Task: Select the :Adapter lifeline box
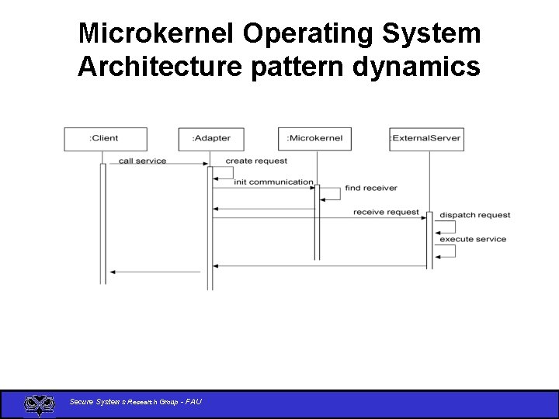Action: (x=210, y=139)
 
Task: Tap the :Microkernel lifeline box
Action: (x=314, y=139)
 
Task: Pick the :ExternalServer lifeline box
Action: (x=426, y=139)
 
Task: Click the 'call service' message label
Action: (x=142, y=161)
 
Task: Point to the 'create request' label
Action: (x=256, y=161)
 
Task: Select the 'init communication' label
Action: (x=273, y=182)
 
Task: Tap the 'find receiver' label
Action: (x=370, y=188)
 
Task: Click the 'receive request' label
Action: (x=386, y=212)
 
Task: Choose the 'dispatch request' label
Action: (x=474, y=215)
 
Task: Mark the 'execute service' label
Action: (x=473, y=239)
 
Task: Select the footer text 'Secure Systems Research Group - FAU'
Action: (x=135, y=401)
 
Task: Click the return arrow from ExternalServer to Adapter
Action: (x=318, y=266)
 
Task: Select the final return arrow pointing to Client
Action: (x=155, y=272)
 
